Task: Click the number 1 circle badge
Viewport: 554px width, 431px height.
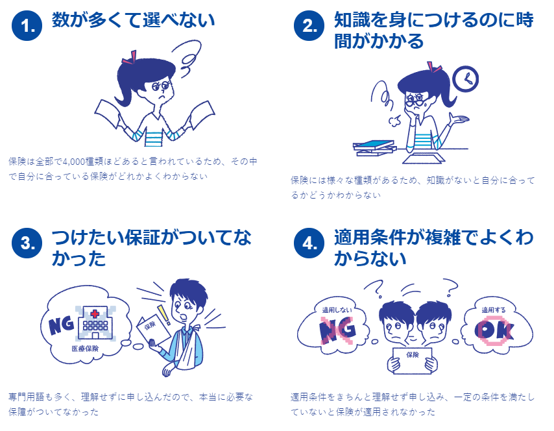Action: tap(27, 25)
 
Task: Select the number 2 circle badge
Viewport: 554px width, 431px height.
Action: tap(309, 25)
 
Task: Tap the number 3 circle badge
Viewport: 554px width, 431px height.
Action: tap(27, 243)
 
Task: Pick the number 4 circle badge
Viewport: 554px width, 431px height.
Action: tap(309, 243)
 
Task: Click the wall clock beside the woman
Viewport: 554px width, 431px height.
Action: tap(465, 79)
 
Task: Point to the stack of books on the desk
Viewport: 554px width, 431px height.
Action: tap(375, 148)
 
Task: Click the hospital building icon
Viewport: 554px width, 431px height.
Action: tap(95, 323)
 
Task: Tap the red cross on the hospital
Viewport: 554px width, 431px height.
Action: tap(95, 314)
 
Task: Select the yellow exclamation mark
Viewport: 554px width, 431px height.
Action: tap(164, 315)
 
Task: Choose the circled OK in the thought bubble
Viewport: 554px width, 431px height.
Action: tap(494, 330)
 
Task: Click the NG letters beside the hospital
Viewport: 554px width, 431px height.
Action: tap(62, 325)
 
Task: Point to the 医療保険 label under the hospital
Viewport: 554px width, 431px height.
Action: tap(85, 349)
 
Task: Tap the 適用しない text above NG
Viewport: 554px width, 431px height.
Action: tap(337, 310)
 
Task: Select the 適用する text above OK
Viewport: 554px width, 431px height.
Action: tap(494, 310)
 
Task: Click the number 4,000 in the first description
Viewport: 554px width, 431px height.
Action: tap(73, 162)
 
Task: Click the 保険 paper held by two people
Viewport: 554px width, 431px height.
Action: tap(413, 360)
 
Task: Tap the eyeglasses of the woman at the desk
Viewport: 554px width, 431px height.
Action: tap(415, 101)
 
